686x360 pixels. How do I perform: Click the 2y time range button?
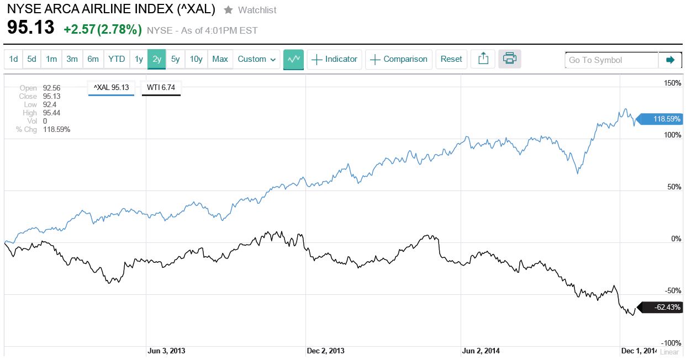coord(157,59)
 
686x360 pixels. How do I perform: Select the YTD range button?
coord(117,59)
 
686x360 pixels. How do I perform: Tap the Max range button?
coord(220,59)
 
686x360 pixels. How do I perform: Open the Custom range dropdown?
coord(258,59)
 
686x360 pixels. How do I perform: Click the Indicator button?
coord(335,59)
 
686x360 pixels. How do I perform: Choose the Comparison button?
coord(399,59)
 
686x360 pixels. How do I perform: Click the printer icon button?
coord(509,59)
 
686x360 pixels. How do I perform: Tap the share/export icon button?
coord(483,59)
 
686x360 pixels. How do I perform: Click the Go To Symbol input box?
coord(611,60)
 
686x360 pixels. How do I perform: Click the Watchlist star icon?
coord(228,10)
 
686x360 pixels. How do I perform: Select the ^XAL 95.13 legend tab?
coord(111,87)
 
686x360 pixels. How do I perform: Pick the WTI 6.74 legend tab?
coord(161,87)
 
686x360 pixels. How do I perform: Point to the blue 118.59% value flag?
coord(661,119)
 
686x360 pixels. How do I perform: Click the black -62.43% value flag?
coord(661,307)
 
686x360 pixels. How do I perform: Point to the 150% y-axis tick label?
coord(672,83)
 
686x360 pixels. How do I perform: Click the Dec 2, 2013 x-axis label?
coord(325,351)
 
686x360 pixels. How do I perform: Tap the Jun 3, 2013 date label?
coord(166,351)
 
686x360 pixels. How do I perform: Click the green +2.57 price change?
coord(79,30)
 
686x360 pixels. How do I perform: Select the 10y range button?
coord(196,59)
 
